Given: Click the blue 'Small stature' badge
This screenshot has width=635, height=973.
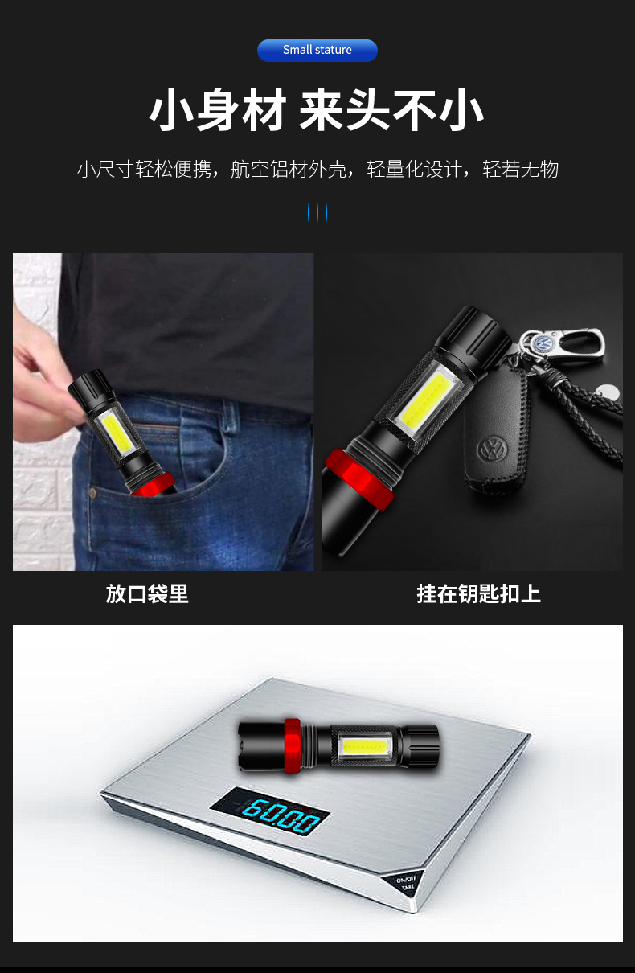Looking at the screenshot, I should coord(317,51).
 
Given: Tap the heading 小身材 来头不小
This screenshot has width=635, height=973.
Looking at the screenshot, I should coord(317,110).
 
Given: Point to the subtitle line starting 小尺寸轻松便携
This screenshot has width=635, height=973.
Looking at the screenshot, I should coord(317,170).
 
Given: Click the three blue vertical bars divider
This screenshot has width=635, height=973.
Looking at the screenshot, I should coord(317,213).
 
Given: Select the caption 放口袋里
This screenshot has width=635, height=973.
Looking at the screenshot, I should coord(147,594).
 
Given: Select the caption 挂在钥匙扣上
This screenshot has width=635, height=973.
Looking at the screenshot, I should coord(478,594).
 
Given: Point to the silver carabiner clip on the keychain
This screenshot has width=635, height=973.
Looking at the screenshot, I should coord(575,341).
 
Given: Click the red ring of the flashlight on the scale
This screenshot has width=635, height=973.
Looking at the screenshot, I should coord(292,741).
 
